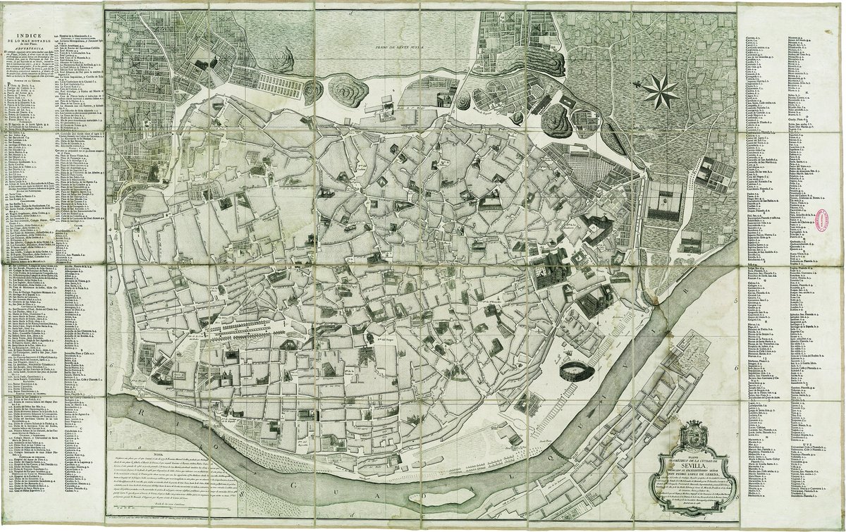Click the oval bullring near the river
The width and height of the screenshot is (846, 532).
pyautogui.click(x=571, y=371)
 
